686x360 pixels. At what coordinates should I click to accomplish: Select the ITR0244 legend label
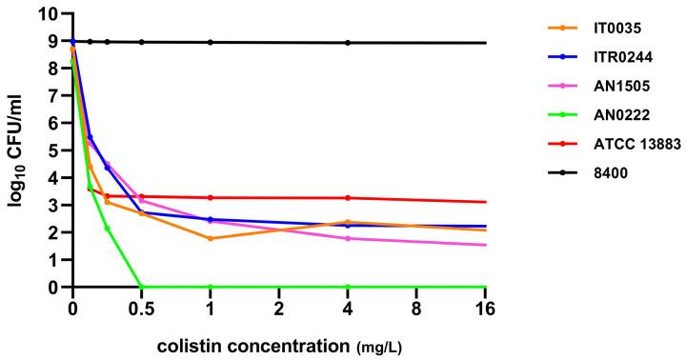(606, 57)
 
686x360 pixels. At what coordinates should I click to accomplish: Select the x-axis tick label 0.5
(141, 309)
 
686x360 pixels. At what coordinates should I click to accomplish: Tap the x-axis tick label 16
(487, 309)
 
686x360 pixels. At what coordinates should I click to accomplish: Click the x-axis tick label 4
(348, 309)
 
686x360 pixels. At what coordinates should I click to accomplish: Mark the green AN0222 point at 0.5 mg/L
(142, 287)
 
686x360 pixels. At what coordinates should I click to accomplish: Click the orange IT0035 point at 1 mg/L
(211, 238)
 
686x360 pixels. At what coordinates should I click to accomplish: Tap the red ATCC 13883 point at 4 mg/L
(348, 198)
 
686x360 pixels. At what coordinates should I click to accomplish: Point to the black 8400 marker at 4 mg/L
(348, 43)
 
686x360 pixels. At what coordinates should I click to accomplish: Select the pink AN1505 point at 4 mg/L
(348, 238)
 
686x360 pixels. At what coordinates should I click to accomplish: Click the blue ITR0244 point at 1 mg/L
(211, 220)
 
